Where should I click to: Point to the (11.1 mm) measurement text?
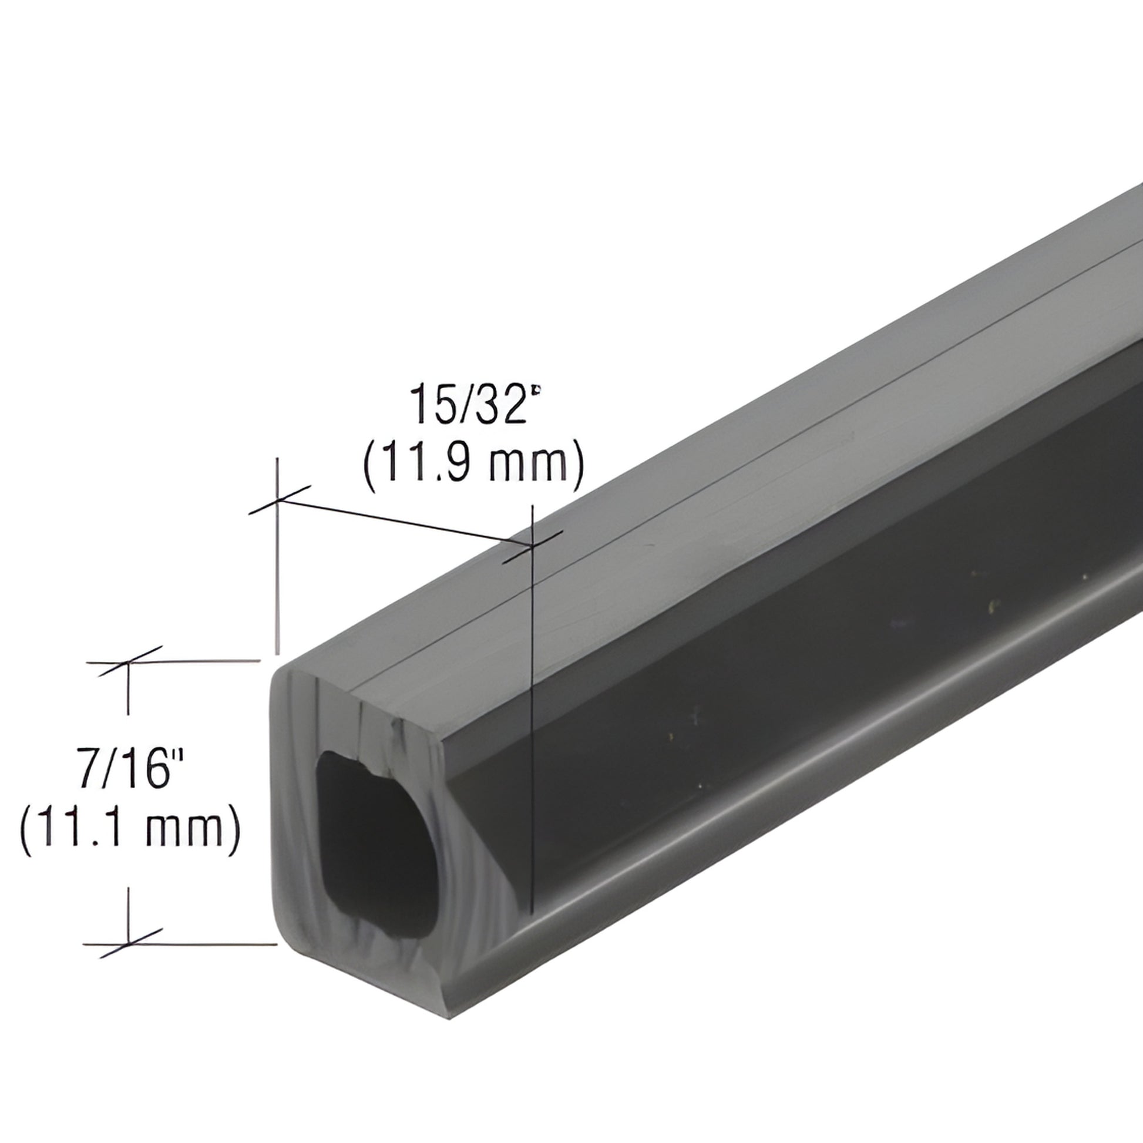click(x=131, y=826)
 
